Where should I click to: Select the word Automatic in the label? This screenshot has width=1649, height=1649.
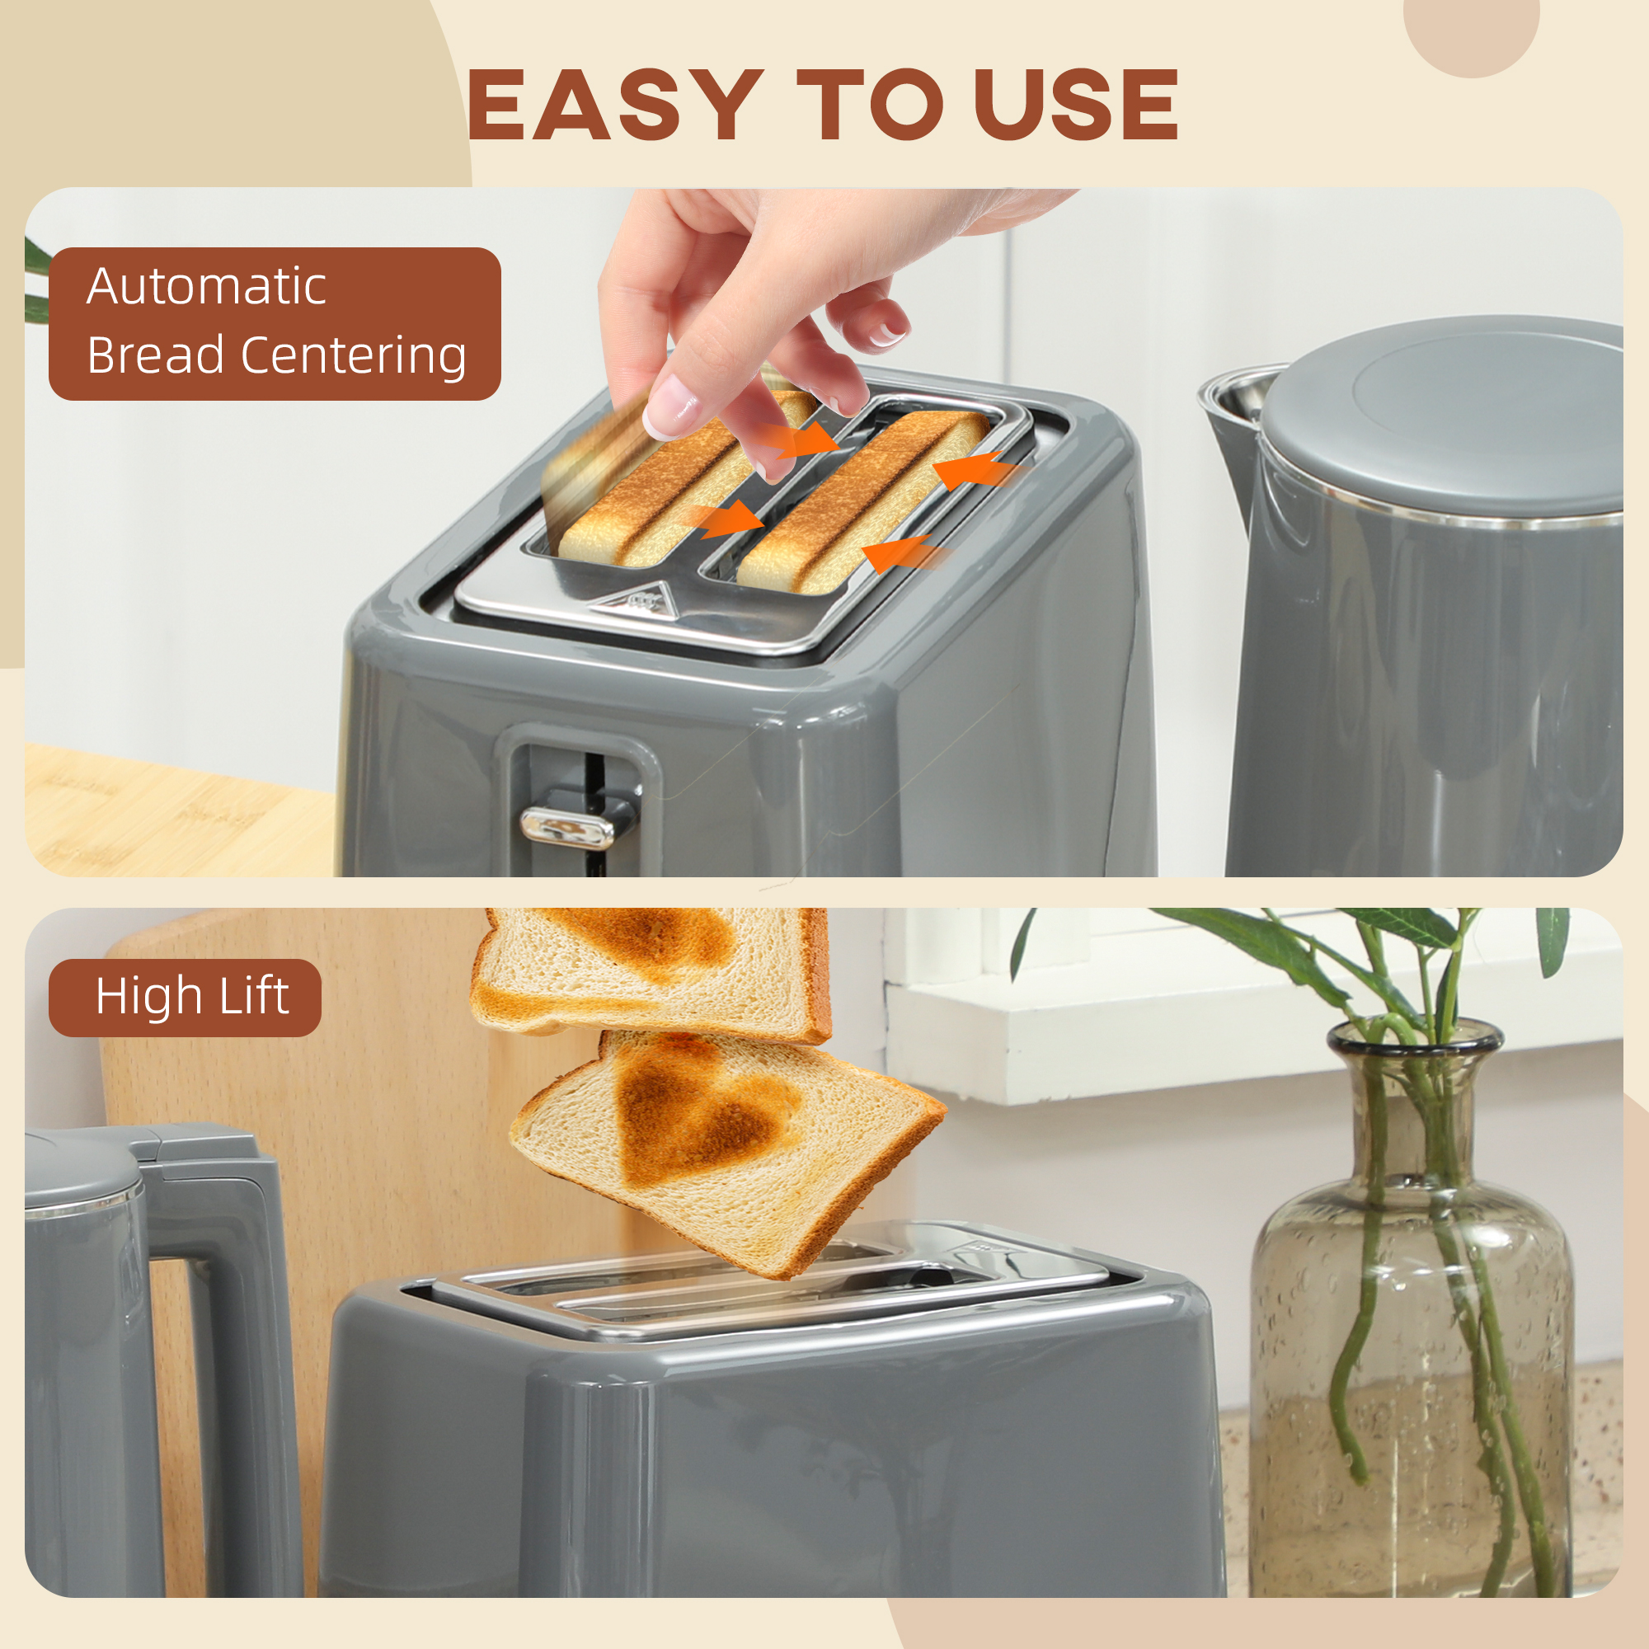tap(207, 286)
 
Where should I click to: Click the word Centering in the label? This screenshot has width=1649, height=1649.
tap(355, 356)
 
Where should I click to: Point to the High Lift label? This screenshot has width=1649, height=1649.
tap(186, 998)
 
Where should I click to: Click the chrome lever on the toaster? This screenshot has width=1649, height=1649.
tap(566, 827)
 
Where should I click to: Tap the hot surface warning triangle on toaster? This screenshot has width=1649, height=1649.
tap(637, 600)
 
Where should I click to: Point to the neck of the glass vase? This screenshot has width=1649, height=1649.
tap(1414, 1101)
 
